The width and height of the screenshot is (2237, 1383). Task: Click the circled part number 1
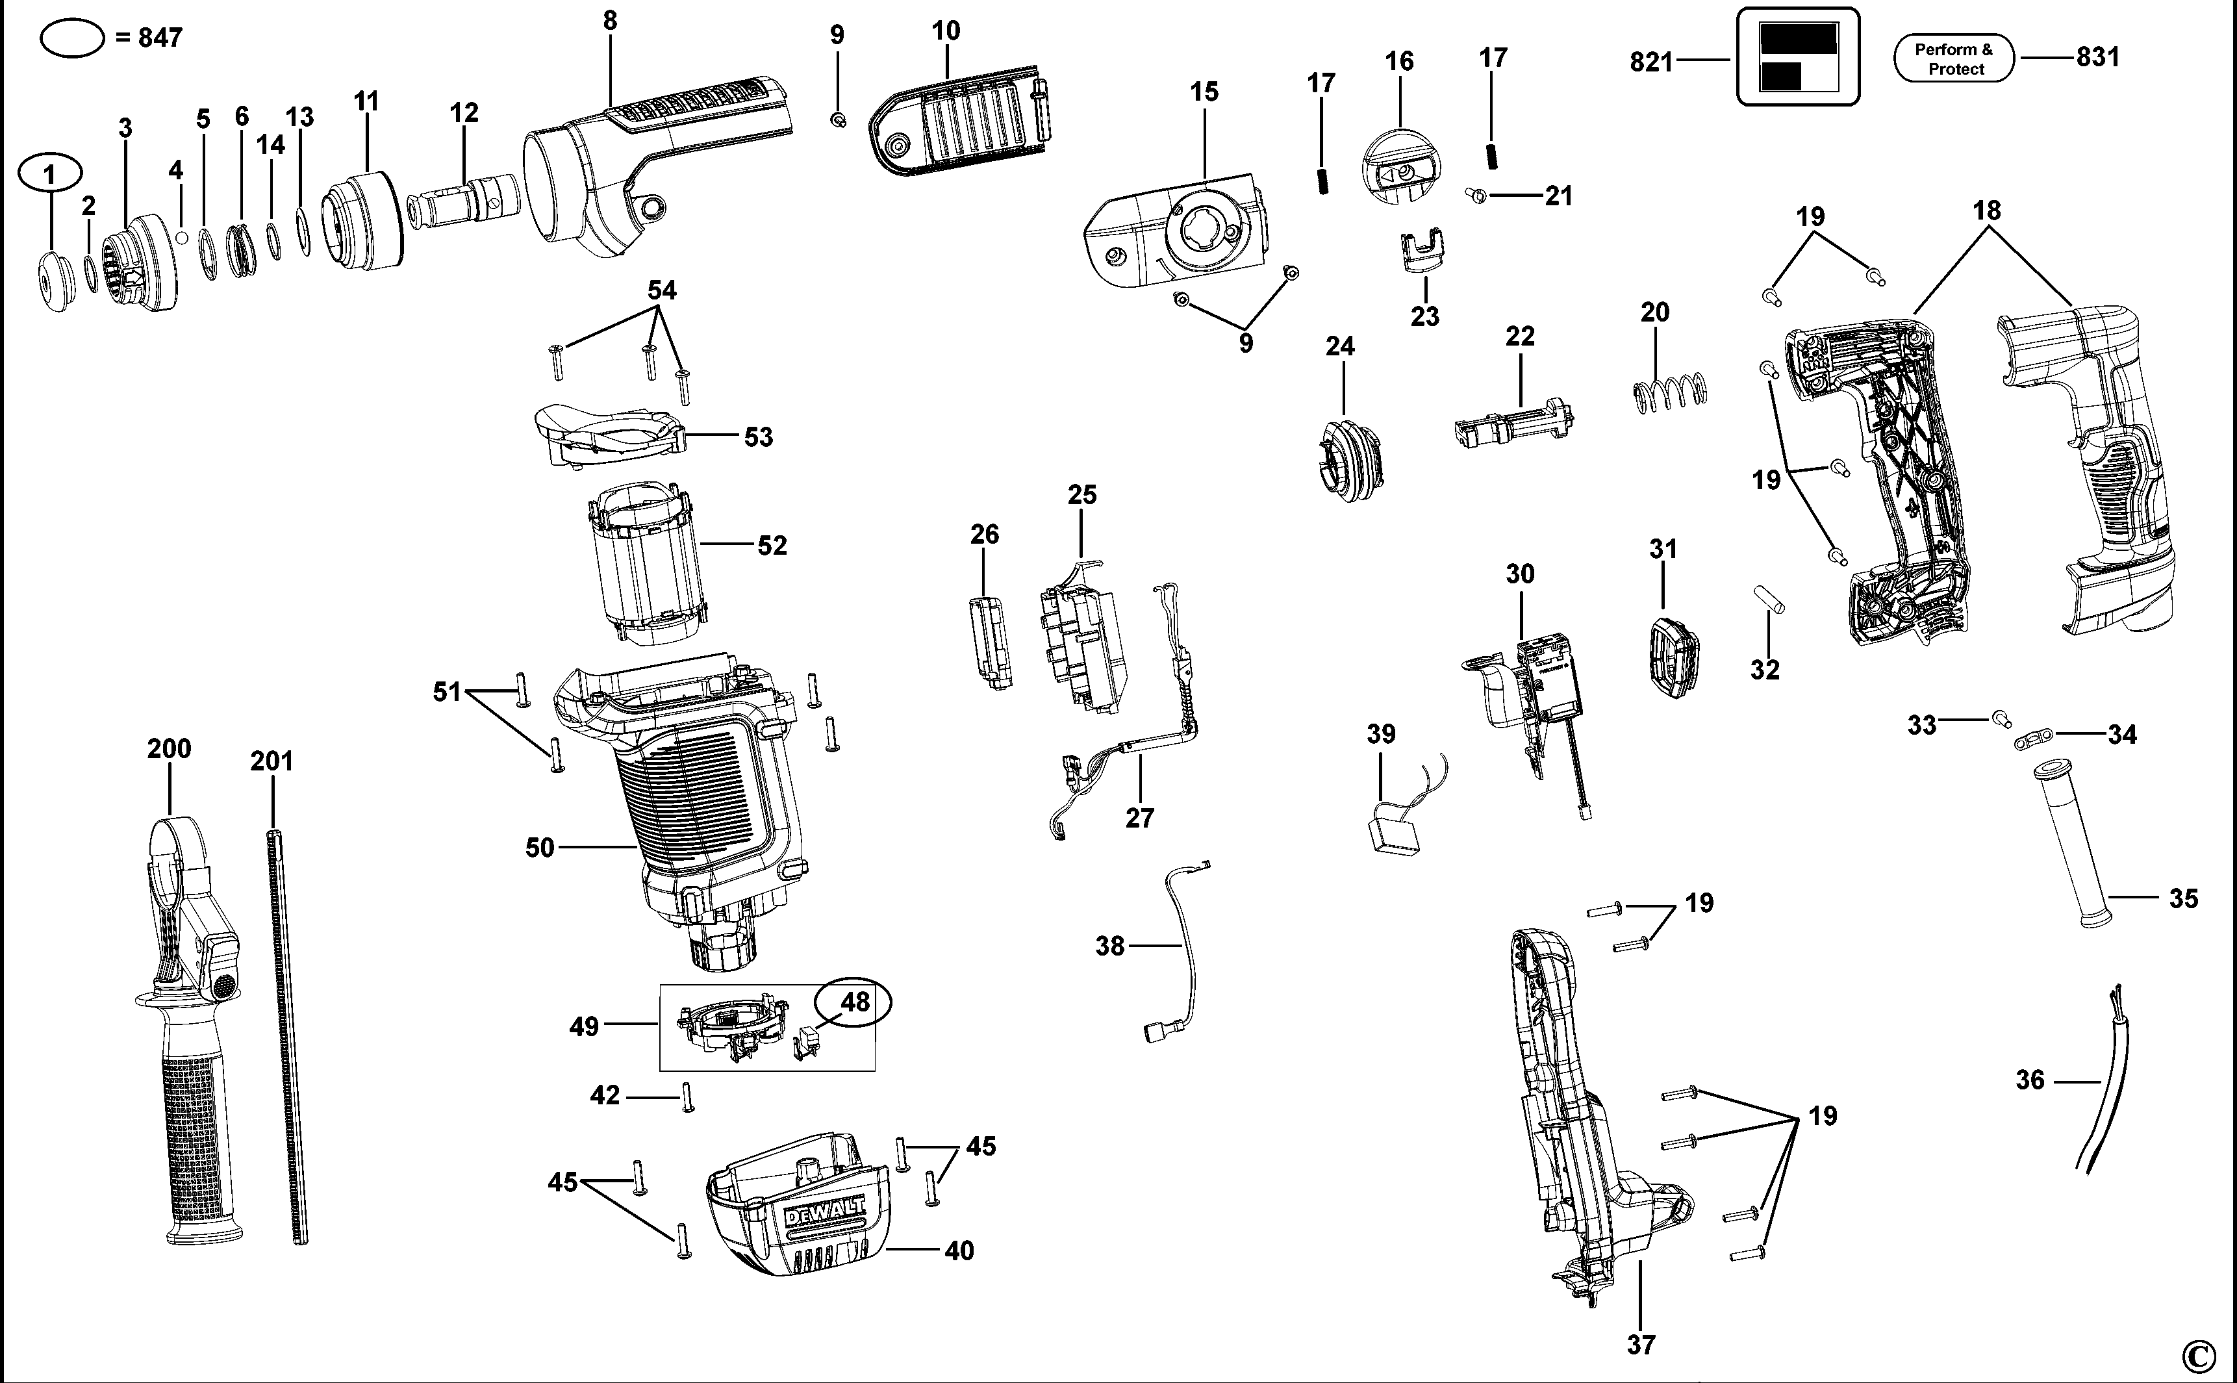point(50,173)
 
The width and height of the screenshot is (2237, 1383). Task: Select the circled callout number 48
point(854,1002)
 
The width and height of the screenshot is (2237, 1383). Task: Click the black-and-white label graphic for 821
point(1797,57)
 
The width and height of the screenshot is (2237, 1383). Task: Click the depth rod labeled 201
point(288,1034)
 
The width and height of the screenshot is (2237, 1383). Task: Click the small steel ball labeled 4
point(181,238)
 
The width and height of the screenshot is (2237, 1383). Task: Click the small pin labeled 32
point(1769,600)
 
